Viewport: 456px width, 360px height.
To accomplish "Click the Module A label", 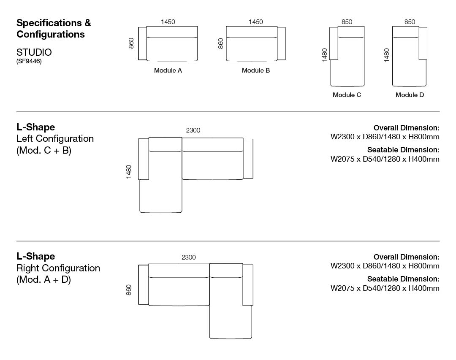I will [168, 70].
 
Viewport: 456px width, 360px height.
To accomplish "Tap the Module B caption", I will [255, 70].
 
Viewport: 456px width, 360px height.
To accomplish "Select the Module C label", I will [347, 95].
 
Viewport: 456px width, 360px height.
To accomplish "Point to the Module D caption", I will [410, 95].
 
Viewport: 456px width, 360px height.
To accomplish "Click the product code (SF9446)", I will [29, 61].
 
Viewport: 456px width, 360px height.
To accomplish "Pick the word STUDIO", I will [34, 52].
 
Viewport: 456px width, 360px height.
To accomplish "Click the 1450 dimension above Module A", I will [168, 22].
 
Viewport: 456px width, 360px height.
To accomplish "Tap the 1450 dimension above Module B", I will [255, 22].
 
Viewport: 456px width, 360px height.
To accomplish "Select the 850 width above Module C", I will [347, 22].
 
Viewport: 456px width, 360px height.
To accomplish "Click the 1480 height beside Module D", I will [387, 55].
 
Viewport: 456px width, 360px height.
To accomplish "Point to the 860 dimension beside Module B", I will [221, 43].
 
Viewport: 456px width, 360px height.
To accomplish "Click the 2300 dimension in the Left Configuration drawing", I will [193, 130].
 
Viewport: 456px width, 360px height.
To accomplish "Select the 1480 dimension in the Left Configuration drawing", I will [129, 172].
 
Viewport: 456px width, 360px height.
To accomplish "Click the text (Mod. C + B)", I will [43, 150].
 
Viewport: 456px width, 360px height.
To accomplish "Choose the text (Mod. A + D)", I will [43, 279].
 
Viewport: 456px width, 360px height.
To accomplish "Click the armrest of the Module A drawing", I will [142, 43].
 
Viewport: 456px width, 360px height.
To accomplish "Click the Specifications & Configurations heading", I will [54, 28].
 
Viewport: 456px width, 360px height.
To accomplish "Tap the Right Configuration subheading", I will [58, 268].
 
